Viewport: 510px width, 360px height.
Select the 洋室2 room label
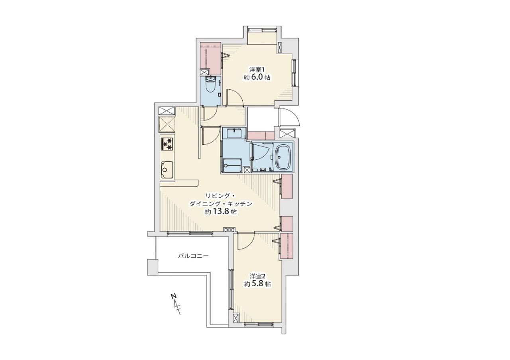pos(257,276)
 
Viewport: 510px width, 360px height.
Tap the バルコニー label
pos(193,256)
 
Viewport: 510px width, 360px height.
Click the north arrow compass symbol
pos(176,305)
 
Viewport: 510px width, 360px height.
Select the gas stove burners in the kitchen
pos(167,144)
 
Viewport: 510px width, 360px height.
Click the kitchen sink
pos(167,170)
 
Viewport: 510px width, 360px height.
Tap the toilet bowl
pos(209,85)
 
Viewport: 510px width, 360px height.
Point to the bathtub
pos(282,157)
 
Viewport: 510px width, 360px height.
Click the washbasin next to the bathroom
pos(234,133)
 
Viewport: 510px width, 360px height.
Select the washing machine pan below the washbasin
pos(232,165)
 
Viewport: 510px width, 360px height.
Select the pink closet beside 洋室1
pos(211,59)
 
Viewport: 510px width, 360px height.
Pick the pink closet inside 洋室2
pos(286,246)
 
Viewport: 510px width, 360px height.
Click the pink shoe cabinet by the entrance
pos(261,136)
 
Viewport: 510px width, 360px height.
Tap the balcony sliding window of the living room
pos(190,233)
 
